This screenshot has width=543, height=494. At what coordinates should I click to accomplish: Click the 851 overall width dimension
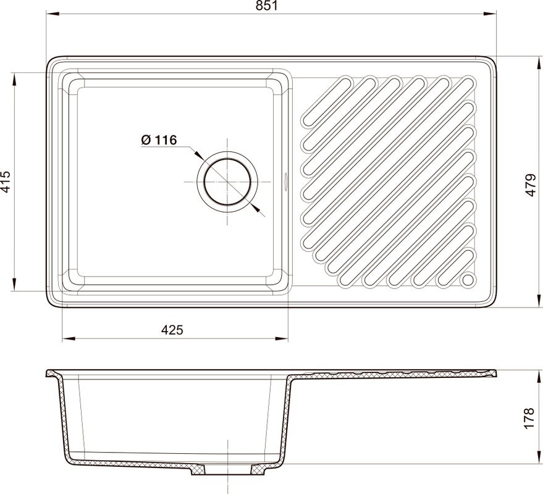(272, 6)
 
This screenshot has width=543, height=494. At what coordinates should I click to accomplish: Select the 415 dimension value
(6, 182)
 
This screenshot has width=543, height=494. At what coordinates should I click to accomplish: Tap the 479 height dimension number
(530, 183)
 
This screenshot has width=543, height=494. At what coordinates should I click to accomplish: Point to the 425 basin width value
(172, 330)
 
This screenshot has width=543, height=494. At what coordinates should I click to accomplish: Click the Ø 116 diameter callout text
(159, 140)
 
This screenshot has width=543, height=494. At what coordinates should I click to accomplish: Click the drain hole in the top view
(227, 182)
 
